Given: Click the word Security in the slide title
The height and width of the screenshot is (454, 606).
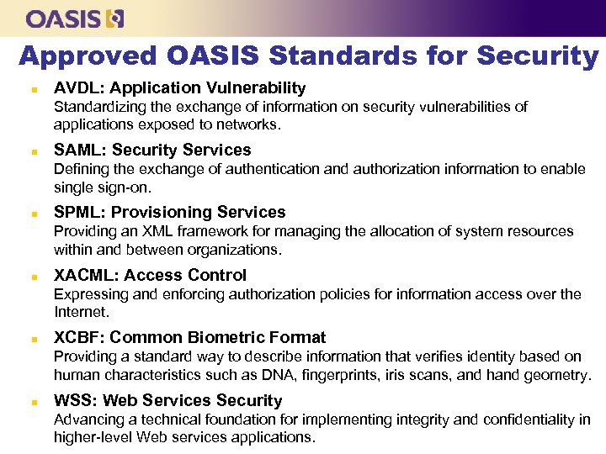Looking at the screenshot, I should pyautogui.click(x=537, y=56).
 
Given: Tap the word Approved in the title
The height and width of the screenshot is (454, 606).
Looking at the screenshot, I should pyautogui.click(x=88, y=56).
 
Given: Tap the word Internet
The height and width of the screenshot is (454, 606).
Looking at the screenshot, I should pyautogui.click(x=82, y=312).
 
